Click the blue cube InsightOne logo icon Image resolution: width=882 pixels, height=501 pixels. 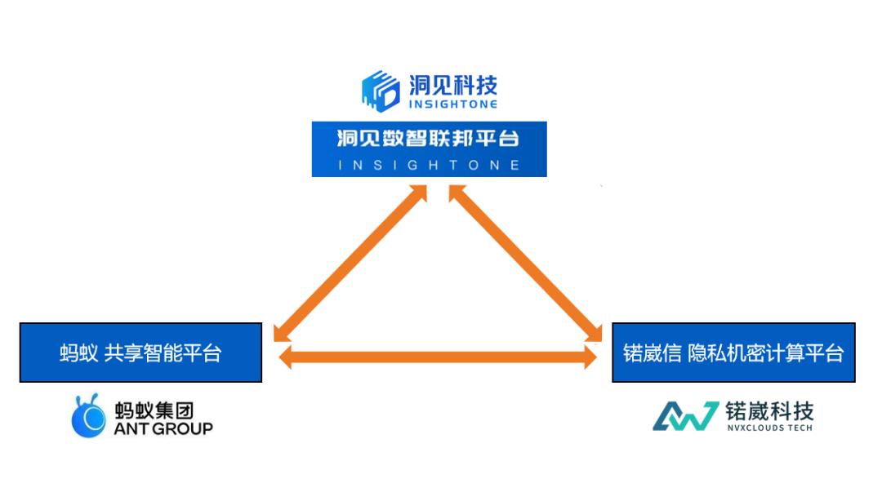point(381,91)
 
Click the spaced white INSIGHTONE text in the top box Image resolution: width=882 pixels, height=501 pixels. point(429,165)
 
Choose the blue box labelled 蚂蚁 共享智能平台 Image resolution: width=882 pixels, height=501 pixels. point(140,352)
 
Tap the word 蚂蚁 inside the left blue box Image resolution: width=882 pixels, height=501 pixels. point(78,353)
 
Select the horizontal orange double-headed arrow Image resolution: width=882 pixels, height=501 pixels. point(437,357)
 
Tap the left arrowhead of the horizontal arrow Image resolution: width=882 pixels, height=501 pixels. point(286,357)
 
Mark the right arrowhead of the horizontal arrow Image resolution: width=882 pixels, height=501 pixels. point(589,357)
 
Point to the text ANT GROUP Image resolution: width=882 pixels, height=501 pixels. point(163,428)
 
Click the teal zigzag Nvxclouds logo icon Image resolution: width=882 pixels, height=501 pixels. point(684,416)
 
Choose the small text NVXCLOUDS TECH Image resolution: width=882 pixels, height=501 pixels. point(768,428)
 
